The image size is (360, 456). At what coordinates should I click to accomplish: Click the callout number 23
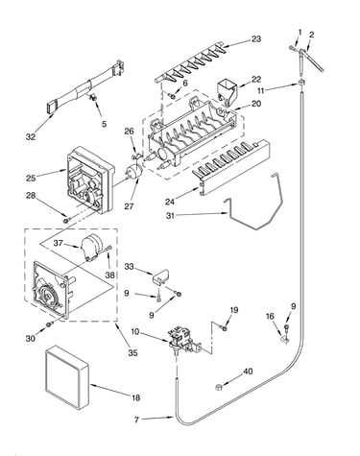coord(256,39)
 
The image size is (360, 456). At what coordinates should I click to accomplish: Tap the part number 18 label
coord(136,397)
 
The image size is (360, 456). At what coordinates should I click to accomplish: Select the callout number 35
coord(132,352)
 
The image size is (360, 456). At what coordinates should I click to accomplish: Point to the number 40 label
coord(248,372)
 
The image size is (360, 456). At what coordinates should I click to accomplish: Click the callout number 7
coord(136,420)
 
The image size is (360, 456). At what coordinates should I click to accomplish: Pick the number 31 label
coord(170,216)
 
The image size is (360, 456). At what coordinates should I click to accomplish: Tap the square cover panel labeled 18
coord(67,377)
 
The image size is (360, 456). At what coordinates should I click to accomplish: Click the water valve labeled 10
coord(183,340)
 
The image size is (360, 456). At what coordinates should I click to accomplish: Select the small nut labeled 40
coord(219,387)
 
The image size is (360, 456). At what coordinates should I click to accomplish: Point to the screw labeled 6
coord(173,95)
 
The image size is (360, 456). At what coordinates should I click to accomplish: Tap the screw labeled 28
coord(66,221)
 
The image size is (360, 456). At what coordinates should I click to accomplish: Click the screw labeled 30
coord(49,324)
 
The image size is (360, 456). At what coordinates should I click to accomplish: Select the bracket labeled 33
coord(160,276)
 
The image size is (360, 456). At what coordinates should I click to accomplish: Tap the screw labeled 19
coord(225,328)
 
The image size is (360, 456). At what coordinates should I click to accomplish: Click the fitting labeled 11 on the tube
coord(301,83)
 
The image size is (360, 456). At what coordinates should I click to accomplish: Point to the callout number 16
coord(270,317)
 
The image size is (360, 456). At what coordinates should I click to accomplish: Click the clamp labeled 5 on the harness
coord(93,97)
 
